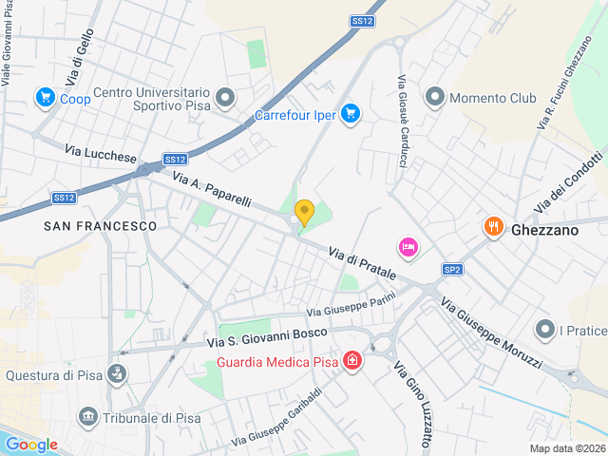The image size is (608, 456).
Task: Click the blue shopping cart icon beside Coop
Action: click(44, 97)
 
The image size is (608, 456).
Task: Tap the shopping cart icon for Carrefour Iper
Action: click(351, 114)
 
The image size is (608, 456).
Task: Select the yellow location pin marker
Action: click(304, 212)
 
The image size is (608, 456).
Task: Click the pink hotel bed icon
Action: click(408, 247)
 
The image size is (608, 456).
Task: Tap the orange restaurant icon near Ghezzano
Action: click(492, 226)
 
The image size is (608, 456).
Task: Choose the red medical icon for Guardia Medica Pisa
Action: click(352, 361)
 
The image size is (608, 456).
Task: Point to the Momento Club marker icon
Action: click(435, 97)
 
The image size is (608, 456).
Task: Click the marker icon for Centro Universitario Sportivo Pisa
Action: click(225, 97)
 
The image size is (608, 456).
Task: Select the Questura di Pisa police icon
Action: click(116, 372)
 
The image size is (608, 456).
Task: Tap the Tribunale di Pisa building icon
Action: click(88, 416)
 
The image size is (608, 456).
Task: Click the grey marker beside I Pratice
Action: click(545, 330)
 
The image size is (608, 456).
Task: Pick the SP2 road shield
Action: click(453, 270)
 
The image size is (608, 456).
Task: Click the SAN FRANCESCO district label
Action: click(100, 226)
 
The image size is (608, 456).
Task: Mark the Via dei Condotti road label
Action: click(569, 180)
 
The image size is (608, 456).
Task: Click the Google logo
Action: click(32, 444)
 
